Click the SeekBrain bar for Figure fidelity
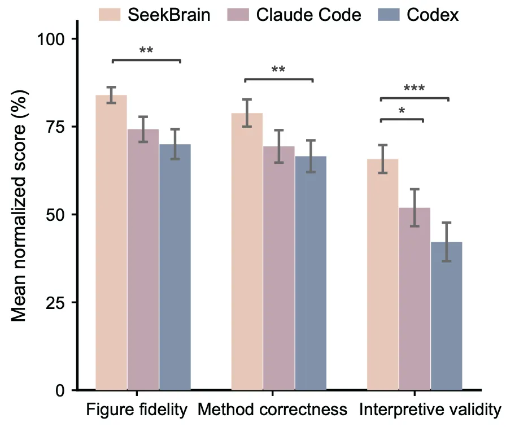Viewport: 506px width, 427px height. coord(111,242)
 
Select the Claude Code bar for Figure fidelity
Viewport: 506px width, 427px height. coord(143,259)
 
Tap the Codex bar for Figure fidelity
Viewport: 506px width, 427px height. coord(175,267)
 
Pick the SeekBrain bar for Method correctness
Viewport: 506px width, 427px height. coord(247,251)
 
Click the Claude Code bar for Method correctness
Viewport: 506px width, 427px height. coord(279,268)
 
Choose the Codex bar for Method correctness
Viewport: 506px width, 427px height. coord(311,273)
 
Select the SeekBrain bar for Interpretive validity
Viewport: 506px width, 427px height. coord(383,274)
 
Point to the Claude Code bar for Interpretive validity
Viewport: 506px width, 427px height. coord(415,299)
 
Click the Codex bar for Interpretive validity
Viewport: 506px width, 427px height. coord(447,316)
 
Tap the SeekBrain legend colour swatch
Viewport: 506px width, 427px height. coord(110,15)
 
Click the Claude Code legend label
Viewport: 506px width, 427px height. coord(308,15)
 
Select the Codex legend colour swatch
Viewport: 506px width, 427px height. coord(389,15)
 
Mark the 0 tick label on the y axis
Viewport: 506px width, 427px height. coord(60,390)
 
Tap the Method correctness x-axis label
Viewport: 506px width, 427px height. coord(272,409)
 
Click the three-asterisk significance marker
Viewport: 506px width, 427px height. coord(415,88)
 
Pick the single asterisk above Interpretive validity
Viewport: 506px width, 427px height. coord(402,111)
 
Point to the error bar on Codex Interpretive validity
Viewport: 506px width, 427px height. coord(447,242)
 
